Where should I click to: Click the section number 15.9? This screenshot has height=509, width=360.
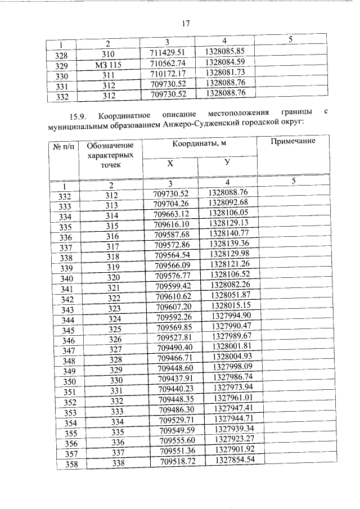[76, 116]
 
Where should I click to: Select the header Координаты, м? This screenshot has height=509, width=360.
[199, 144]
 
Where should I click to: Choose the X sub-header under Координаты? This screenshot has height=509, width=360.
[169, 164]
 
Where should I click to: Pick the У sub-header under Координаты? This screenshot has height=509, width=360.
[227, 164]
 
